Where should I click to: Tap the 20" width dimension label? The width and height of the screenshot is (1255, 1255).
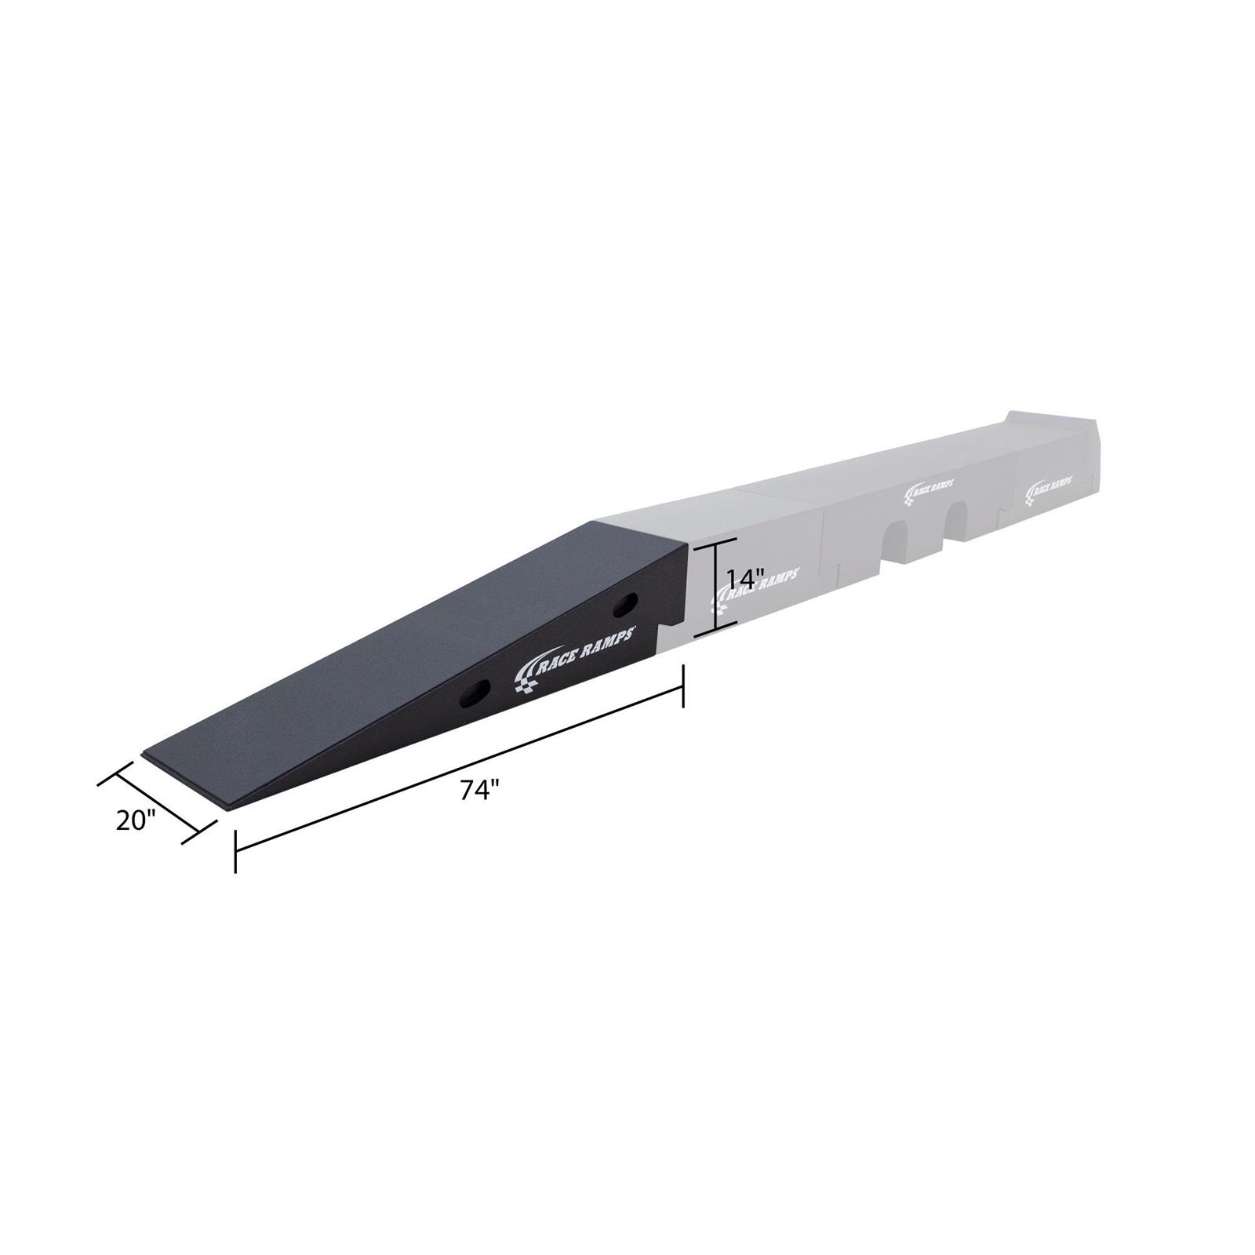point(136,821)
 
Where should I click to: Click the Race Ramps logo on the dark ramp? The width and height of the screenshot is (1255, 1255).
point(574,652)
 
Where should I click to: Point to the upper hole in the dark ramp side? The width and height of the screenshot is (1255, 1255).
point(626,603)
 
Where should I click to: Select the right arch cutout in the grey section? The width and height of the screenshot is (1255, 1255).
point(957,522)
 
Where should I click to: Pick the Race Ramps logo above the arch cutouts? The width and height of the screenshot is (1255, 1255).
point(929,489)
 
